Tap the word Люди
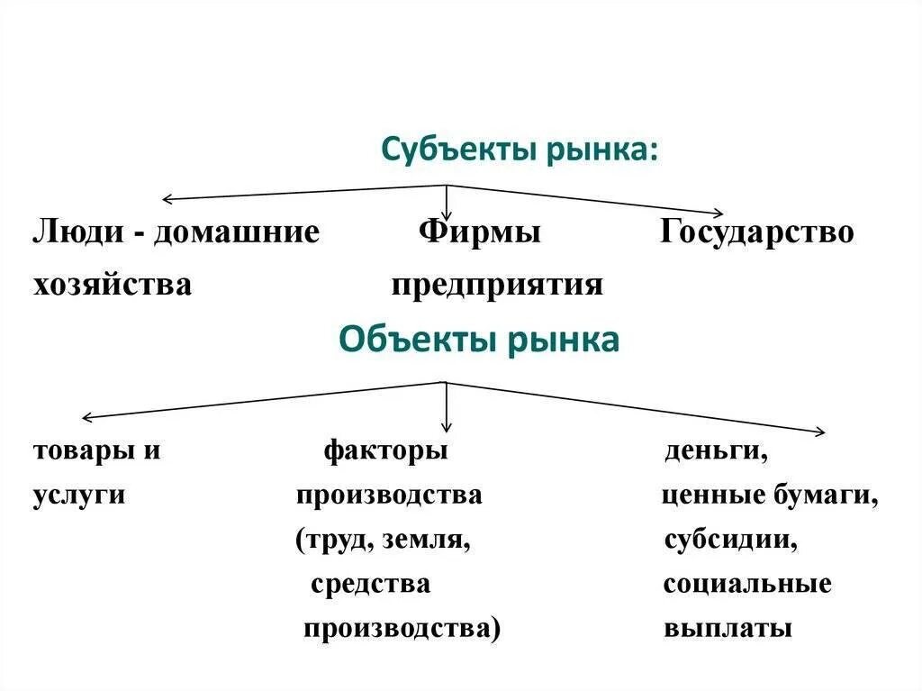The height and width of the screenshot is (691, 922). [x=79, y=232]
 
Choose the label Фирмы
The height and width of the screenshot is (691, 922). [x=479, y=232]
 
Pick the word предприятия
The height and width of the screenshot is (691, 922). [x=497, y=286]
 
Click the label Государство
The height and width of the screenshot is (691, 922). [x=756, y=232]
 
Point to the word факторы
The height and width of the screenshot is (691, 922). [x=385, y=450]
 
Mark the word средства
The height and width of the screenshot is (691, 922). [x=370, y=584]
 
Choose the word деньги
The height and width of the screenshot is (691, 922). [x=716, y=450]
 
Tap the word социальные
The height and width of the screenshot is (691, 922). [x=746, y=584]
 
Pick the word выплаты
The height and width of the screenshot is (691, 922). [x=728, y=628]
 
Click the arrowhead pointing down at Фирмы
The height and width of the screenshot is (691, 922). [x=447, y=209]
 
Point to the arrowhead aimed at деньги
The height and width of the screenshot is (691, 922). [x=818, y=432]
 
